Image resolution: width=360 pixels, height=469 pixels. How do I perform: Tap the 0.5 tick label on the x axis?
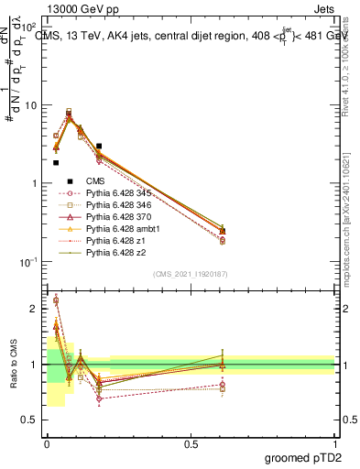pos(191,443)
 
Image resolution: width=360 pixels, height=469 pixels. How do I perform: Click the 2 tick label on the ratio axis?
pos(34,309)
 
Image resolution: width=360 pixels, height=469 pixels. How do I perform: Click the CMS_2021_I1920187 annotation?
pos(191,274)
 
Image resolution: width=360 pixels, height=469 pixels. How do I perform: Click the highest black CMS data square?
pos(99,146)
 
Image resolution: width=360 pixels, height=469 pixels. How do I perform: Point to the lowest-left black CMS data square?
pos(56,162)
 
